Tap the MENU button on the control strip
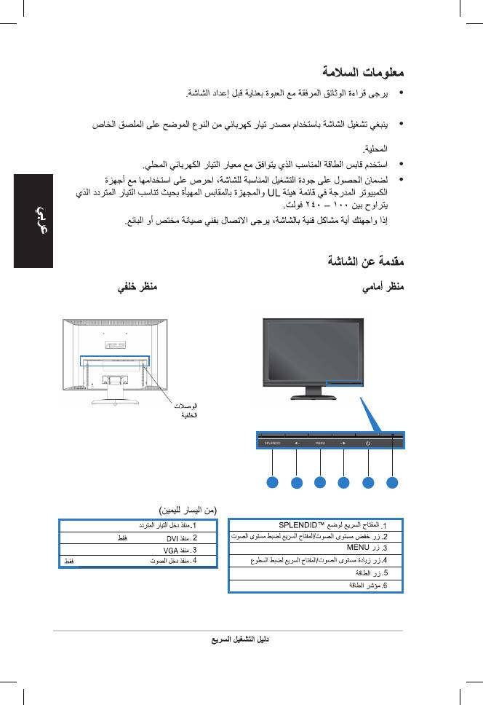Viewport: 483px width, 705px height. (320, 441)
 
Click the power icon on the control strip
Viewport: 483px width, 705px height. (369, 441)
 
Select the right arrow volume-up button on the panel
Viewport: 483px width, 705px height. (344, 441)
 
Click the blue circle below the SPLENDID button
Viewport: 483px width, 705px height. (272, 482)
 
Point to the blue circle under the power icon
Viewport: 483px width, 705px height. (369, 482)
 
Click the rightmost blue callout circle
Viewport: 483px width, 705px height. (393, 482)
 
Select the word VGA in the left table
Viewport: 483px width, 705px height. (170, 549)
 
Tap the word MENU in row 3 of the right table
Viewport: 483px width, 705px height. (358, 547)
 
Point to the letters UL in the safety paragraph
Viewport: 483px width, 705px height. (274, 193)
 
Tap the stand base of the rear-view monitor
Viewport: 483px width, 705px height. (106, 398)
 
